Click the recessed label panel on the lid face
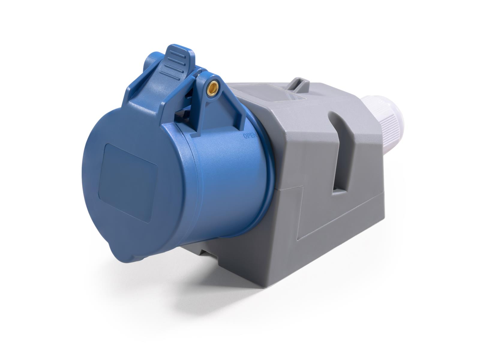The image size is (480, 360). [x=128, y=182]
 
